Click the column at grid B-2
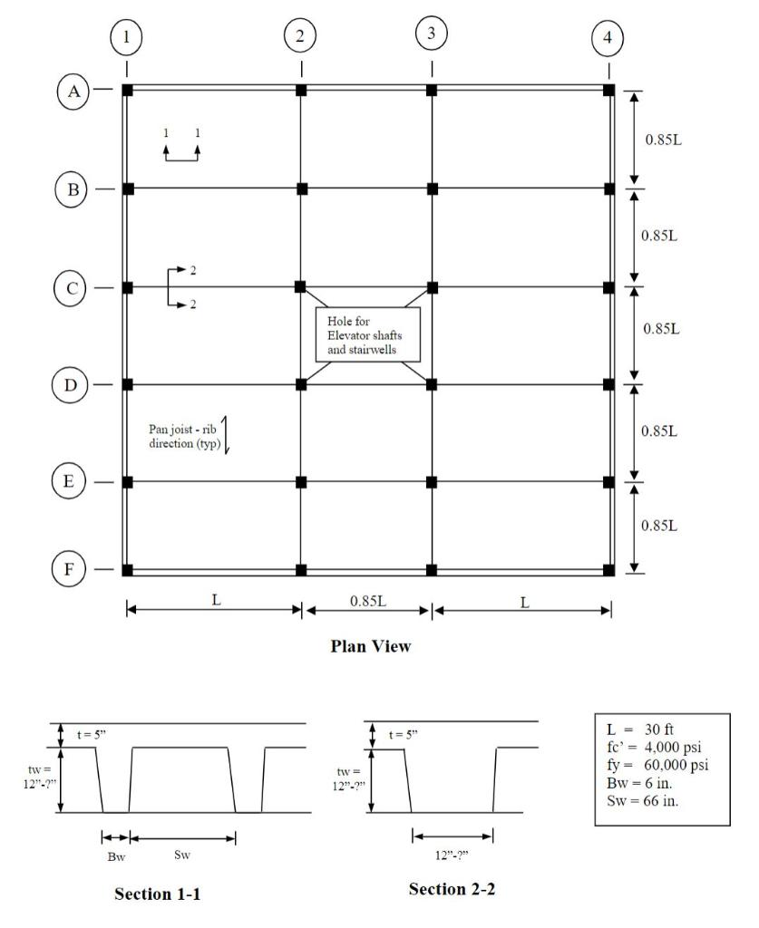[301, 188]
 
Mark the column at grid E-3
[433, 481]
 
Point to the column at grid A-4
[608, 91]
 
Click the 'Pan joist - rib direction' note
[181, 436]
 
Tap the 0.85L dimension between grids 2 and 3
[367, 601]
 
